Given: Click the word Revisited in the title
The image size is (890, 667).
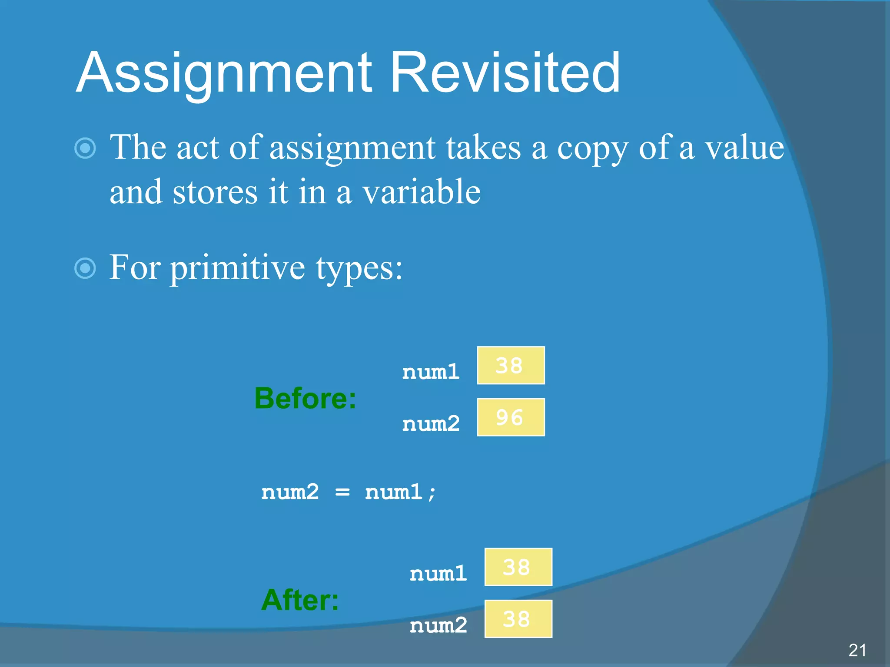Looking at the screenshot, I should tap(505, 73).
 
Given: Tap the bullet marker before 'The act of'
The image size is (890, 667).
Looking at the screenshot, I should tap(85, 149).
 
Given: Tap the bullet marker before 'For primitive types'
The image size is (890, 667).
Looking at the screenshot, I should tap(85, 268).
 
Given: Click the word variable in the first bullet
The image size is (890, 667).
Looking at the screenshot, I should tap(421, 192).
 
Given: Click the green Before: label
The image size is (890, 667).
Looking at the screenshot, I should tap(305, 399).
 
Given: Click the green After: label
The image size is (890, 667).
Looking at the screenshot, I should tap(300, 600).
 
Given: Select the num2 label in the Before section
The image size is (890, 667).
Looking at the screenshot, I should tap(431, 424).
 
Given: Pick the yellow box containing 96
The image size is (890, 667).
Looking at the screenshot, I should tap(511, 417).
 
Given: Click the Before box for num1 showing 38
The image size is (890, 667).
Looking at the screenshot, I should tap(511, 366).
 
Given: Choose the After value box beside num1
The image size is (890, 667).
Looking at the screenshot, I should tap(518, 567).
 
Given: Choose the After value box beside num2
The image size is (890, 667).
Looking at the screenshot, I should tap(518, 619).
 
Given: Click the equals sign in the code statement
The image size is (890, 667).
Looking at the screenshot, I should tap(342, 492).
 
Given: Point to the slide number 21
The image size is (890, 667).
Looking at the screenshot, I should tap(857, 650).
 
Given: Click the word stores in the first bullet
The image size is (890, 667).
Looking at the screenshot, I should tap(215, 192).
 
